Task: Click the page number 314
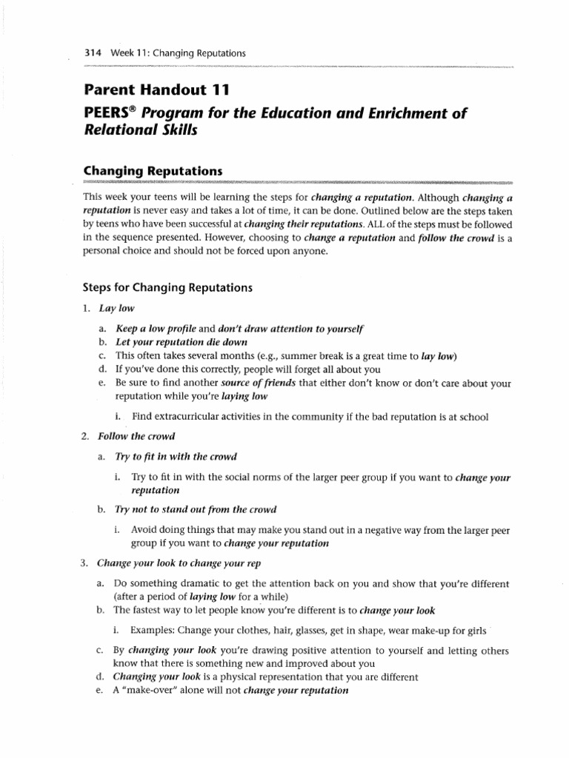coord(93,53)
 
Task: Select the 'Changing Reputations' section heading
coord(153,171)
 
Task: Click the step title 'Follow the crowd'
coord(134,436)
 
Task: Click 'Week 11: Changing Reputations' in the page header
coord(178,53)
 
